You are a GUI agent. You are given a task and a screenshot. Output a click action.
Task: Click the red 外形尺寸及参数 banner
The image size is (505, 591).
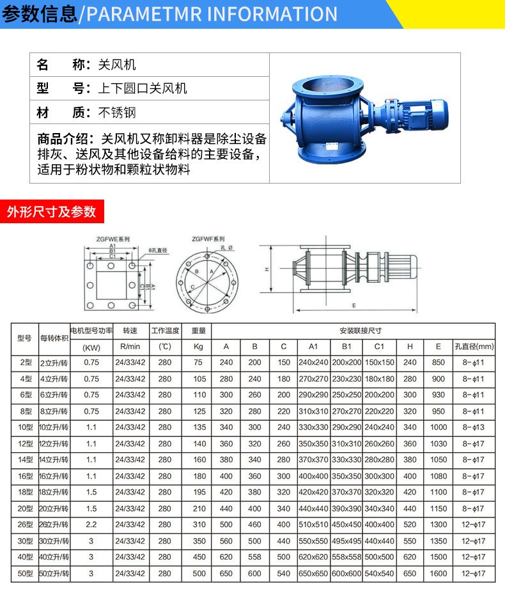(51, 212)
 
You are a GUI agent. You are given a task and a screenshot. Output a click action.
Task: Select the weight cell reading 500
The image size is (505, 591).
(199, 574)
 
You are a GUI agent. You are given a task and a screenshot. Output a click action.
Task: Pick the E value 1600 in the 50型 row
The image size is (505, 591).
(438, 574)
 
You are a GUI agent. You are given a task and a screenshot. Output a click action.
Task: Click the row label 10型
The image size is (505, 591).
(25, 427)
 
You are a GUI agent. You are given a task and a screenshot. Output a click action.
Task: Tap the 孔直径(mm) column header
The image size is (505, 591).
(474, 347)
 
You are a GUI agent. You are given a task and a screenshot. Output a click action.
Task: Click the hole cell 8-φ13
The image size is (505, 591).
(474, 427)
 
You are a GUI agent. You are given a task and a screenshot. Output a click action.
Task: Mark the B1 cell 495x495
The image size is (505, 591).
(346, 541)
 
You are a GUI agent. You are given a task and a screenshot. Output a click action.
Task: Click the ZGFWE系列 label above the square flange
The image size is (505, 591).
(113, 239)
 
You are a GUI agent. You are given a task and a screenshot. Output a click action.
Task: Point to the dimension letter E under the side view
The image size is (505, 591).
(353, 306)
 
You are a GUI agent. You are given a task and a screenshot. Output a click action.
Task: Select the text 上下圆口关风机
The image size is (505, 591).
(143, 88)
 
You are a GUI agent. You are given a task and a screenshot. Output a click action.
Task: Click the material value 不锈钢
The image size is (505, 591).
(117, 113)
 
